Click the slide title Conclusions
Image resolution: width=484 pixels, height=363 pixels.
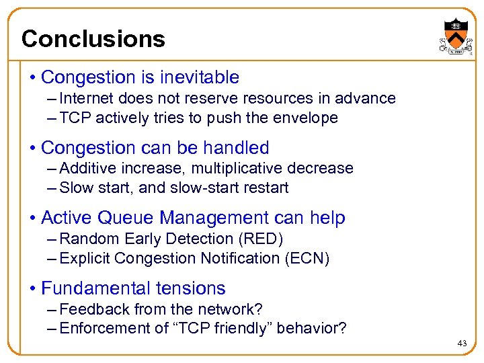click(x=93, y=38)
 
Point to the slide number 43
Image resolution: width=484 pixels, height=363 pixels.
click(x=462, y=344)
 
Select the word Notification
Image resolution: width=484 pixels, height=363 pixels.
click(x=235, y=258)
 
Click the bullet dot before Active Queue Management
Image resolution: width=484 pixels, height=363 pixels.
click(x=32, y=218)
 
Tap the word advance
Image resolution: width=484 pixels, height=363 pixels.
click(x=368, y=98)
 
